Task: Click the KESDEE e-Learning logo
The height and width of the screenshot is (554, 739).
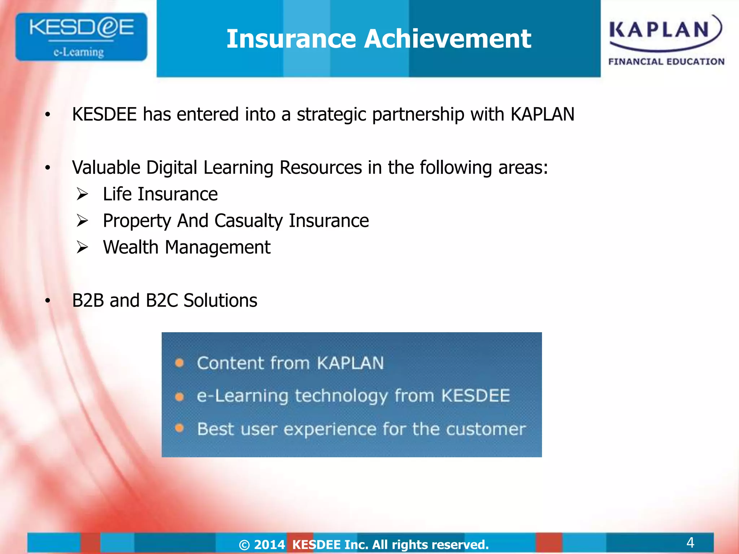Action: pyautogui.click(x=81, y=37)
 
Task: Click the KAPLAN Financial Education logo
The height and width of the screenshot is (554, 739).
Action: pyautogui.click(x=666, y=40)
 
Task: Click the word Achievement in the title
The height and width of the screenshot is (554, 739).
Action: pyautogui.click(x=447, y=39)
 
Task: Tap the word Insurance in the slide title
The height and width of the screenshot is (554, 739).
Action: pyautogui.click(x=291, y=39)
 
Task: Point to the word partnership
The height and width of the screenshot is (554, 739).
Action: pyautogui.click(x=418, y=115)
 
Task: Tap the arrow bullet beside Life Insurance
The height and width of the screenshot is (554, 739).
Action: pyautogui.click(x=82, y=194)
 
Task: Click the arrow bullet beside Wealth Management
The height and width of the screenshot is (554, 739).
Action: pyautogui.click(x=82, y=247)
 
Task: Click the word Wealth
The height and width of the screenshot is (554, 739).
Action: pyautogui.click(x=131, y=247)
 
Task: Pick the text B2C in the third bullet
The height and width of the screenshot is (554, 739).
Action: pyautogui.click(x=162, y=300)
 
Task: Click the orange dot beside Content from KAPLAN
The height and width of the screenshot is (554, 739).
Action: pyautogui.click(x=179, y=363)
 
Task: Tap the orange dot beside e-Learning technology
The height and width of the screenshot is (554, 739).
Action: pyautogui.click(x=179, y=397)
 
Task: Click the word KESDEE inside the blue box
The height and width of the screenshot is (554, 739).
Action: pyautogui.click(x=476, y=396)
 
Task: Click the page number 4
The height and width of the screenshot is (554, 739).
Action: pyautogui.click(x=690, y=542)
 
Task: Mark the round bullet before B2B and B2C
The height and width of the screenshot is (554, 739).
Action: pyautogui.click(x=48, y=301)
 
